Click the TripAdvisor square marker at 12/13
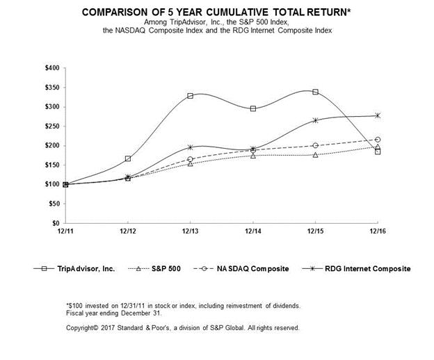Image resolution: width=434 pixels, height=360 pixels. pyautogui.click(x=190, y=95)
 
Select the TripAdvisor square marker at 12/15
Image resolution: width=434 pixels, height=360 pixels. pyautogui.click(x=315, y=92)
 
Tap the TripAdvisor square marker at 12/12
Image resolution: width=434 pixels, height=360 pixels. pyautogui.click(x=128, y=158)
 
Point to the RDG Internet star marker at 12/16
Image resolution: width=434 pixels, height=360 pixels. pyautogui.click(x=378, y=115)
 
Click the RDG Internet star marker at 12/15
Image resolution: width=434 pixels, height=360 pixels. pyautogui.click(x=315, y=120)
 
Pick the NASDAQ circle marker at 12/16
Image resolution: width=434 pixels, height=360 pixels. pyautogui.click(x=378, y=140)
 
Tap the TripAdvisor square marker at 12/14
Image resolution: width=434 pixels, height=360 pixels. pyautogui.click(x=252, y=108)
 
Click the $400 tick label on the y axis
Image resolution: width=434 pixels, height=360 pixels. pyautogui.click(x=53, y=68)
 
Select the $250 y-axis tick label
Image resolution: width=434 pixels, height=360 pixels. pyautogui.click(x=53, y=126)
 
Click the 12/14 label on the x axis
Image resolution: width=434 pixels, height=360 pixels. pyautogui.click(x=252, y=231)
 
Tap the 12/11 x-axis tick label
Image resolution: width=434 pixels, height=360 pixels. pyautogui.click(x=65, y=231)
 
